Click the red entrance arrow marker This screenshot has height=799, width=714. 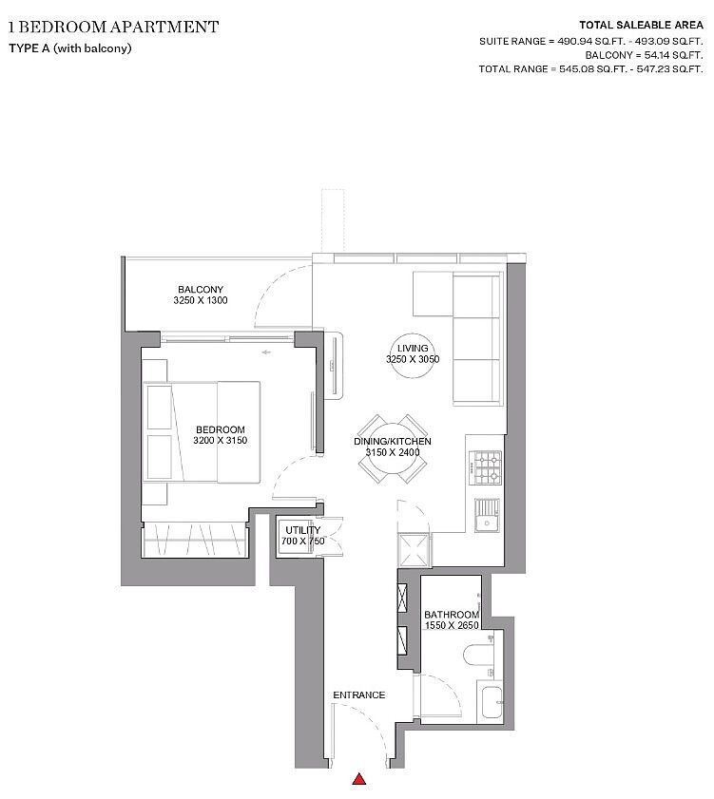[x=359, y=780]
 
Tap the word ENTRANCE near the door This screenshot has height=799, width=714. [x=358, y=695]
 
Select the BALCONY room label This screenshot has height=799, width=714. [x=201, y=290]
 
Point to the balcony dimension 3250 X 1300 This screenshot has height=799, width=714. [x=201, y=301]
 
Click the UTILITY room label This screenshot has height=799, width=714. [x=301, y=529]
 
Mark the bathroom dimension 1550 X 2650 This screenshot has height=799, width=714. [x=450, y=626]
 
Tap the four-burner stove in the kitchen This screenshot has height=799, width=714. [x=488, y=466]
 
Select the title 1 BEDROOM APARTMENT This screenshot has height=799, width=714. [x=113, y=26]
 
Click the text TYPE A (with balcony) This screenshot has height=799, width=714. [x=69, y=48]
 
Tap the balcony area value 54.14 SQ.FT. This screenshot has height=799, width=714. [x=666, y=55]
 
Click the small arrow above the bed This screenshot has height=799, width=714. [x=267, y=353]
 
